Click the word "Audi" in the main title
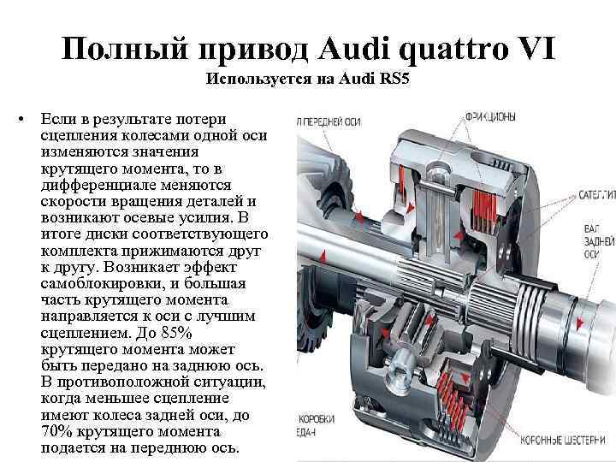click(x=352, y=49)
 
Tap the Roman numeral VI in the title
click(x=533, y=49)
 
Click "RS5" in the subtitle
click(x=394, y=81)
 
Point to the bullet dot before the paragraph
click(x=22, y=117)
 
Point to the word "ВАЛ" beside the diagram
click(x=591, y=228)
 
